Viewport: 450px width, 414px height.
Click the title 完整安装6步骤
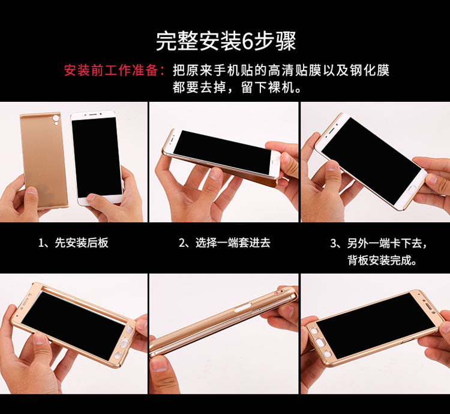click(226, 41)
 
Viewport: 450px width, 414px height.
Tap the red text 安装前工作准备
click(111, 71)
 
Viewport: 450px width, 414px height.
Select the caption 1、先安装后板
click(73, 243)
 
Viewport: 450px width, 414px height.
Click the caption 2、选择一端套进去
click(224, 243)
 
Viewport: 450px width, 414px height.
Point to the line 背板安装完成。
click(382, 261)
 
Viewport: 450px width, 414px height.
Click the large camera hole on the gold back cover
click(56, 118)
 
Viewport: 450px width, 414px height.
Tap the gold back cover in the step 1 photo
click(44, 160)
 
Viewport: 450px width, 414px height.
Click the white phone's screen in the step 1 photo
click(97, 157)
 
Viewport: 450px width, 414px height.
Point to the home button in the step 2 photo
click(275, 164)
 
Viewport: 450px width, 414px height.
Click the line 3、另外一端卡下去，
click(379, 243)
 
